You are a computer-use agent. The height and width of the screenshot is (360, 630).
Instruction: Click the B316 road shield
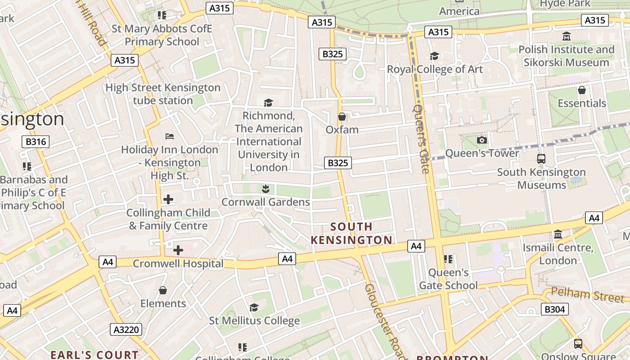(x=36, y=142)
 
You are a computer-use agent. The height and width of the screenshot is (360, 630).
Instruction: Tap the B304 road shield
(x=554, y=309)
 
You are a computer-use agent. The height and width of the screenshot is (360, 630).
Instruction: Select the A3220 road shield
(x=126, y=329)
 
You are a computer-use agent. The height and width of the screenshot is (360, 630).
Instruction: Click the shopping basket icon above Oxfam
(x=342, y=117)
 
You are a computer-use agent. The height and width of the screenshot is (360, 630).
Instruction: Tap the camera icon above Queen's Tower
(x=482, y=140)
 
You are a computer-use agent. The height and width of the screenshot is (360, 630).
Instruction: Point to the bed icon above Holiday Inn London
(x=170, y=136)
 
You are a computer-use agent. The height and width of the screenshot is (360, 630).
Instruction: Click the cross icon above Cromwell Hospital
(x=178, y=250)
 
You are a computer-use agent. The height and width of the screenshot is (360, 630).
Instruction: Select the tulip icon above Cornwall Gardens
(x=265, y=189)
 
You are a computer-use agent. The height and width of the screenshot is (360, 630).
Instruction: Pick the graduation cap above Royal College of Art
(x=434, y=56)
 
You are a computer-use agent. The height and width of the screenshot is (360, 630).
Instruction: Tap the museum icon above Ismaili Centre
(x=558, y=234)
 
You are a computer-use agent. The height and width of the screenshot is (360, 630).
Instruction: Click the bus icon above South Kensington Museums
(x=541, y=159)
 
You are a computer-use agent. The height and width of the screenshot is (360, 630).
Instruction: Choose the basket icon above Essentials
(x=582, y=90)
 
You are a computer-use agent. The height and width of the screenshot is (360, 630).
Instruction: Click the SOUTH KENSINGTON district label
(x=351, y=233)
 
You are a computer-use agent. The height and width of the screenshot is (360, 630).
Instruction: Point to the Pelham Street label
(x=588, y=295)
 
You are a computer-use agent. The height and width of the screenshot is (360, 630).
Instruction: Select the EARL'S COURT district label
(x=94, y=355)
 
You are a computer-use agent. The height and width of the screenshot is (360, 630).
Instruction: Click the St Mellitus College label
(x=254, y=321)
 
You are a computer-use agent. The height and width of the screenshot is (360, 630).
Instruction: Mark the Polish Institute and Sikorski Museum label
(x=566, y=56)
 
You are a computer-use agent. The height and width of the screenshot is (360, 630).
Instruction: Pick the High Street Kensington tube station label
(x=163, y=94)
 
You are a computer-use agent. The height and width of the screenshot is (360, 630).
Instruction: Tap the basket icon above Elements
(x=163, y=290)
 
